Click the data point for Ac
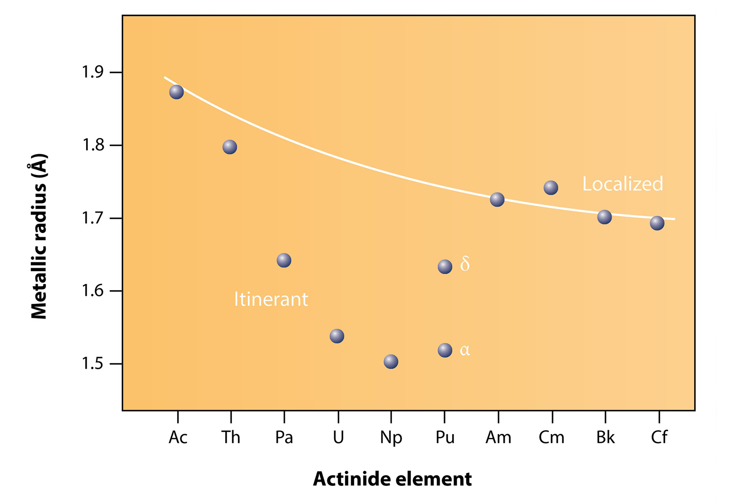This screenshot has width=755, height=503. (x=176, y=92)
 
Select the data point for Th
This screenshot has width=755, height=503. (x=230, y=147)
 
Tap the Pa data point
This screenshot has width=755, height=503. (x=284, y=260)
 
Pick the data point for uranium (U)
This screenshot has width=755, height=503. (x=337, y=336)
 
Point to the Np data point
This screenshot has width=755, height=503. (x=391, y=362)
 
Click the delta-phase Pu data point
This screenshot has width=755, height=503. (x=445, y=267)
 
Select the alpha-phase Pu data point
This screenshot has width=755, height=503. (x=445, y=350)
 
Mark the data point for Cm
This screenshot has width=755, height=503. (x=551, y=188)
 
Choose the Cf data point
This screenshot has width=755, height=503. (x=657, y=223)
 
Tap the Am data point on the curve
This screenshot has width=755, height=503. (x=497, y=200)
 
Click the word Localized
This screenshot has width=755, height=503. (x=622, y=184)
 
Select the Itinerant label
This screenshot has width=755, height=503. (x=271, y=299)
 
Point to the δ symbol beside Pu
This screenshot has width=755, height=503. (x=465, y=264)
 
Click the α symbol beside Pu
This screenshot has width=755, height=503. (x=465, y=350)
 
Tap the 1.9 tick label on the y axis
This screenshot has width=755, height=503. (x=92, y=72)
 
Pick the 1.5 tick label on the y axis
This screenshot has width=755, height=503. (x=92, y=363)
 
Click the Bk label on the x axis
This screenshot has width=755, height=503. (x=605, y=437)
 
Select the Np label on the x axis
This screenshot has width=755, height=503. (x=391, y=437)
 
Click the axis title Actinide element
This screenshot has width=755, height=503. (x=392, y=479)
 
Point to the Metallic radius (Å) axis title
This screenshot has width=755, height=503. (x=39, y=236)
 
